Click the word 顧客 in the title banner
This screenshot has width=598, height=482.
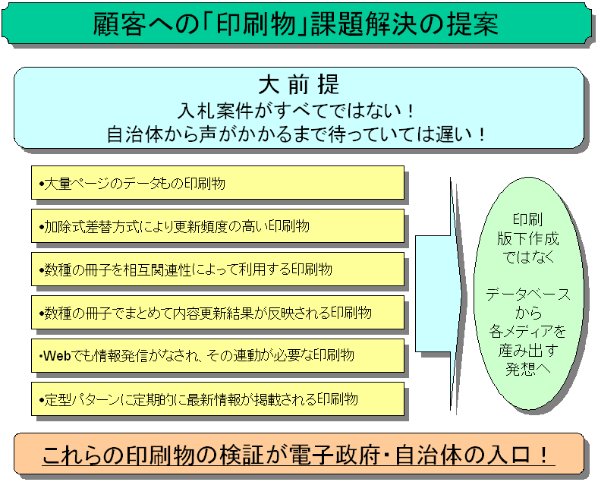[119, 24]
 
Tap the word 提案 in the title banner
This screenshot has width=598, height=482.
[473, 24]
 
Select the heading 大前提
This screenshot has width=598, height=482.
[298, 84]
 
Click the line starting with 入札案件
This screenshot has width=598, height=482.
[296, 111]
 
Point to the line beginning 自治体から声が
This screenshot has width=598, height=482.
[296, 134]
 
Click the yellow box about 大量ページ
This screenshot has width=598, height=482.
[217, 183]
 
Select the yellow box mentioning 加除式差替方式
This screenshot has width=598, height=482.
[217, 225]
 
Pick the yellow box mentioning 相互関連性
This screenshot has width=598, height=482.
[217, 269]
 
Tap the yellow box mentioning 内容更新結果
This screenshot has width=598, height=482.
[217, 312]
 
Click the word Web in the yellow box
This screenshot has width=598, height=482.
[57, 356]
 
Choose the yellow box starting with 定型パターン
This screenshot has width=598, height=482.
[217, 399]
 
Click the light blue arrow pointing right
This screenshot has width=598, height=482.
[440, 294]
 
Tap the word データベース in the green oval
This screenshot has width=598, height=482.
[528, 295]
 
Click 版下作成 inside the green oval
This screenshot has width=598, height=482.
[528, 238]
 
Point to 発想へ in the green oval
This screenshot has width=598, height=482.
[528, 369]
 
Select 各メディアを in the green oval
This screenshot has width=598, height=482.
[528, 332]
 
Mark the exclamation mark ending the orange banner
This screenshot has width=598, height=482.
[544, 455]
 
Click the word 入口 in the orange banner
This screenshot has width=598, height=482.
[508, 455]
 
